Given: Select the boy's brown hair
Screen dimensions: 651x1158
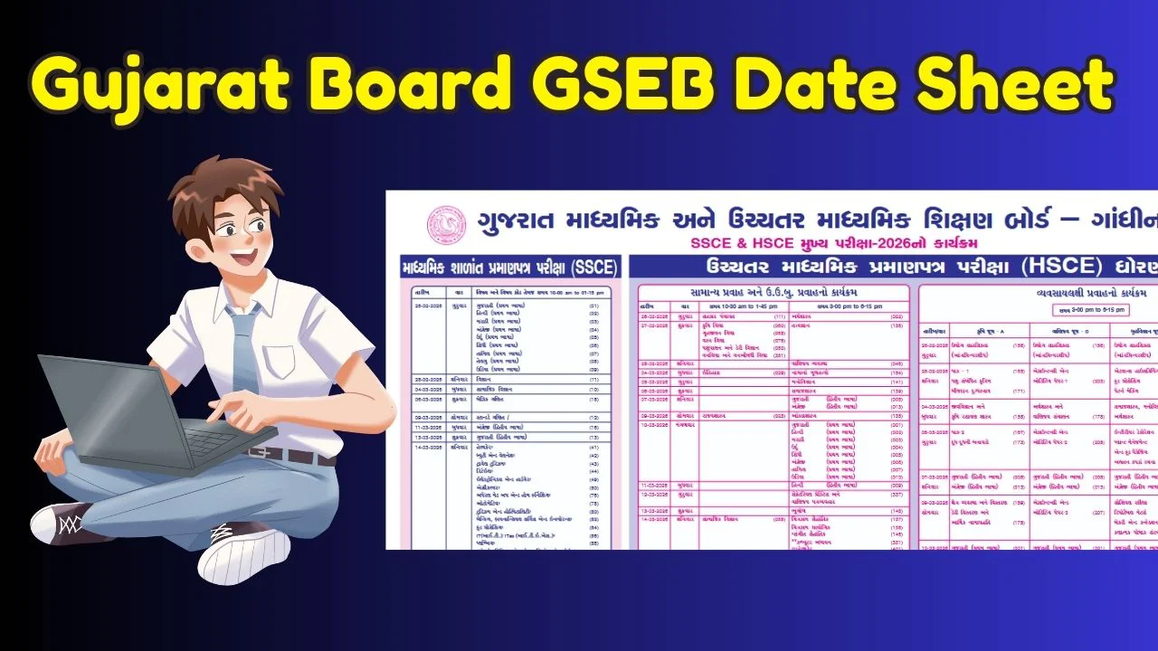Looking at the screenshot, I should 217,185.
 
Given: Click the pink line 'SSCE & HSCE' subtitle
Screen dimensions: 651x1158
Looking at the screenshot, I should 832,243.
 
